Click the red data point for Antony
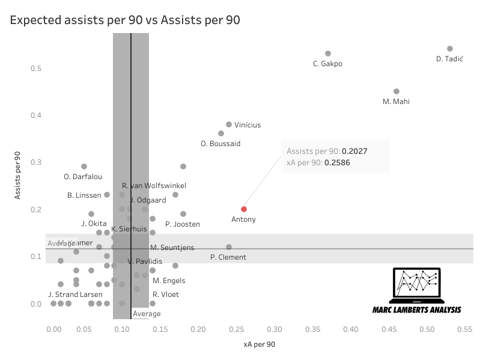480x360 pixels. [244, 209]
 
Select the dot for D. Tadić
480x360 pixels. [450, 49]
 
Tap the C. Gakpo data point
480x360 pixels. [328, 53]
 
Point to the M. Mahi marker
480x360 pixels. [396, 91]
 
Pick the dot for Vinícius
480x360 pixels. [229, 124]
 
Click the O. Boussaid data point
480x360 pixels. [221, 133]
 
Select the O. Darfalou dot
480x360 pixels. [84, 166]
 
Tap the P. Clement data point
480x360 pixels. [229, 247]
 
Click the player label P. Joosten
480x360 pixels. [183, 224]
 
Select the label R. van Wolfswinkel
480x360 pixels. [154, 186]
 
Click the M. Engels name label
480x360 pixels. [169, 281]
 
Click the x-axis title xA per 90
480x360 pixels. [260, 344]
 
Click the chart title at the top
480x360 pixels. [125, 20]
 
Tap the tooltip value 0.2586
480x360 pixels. [337, 162]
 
